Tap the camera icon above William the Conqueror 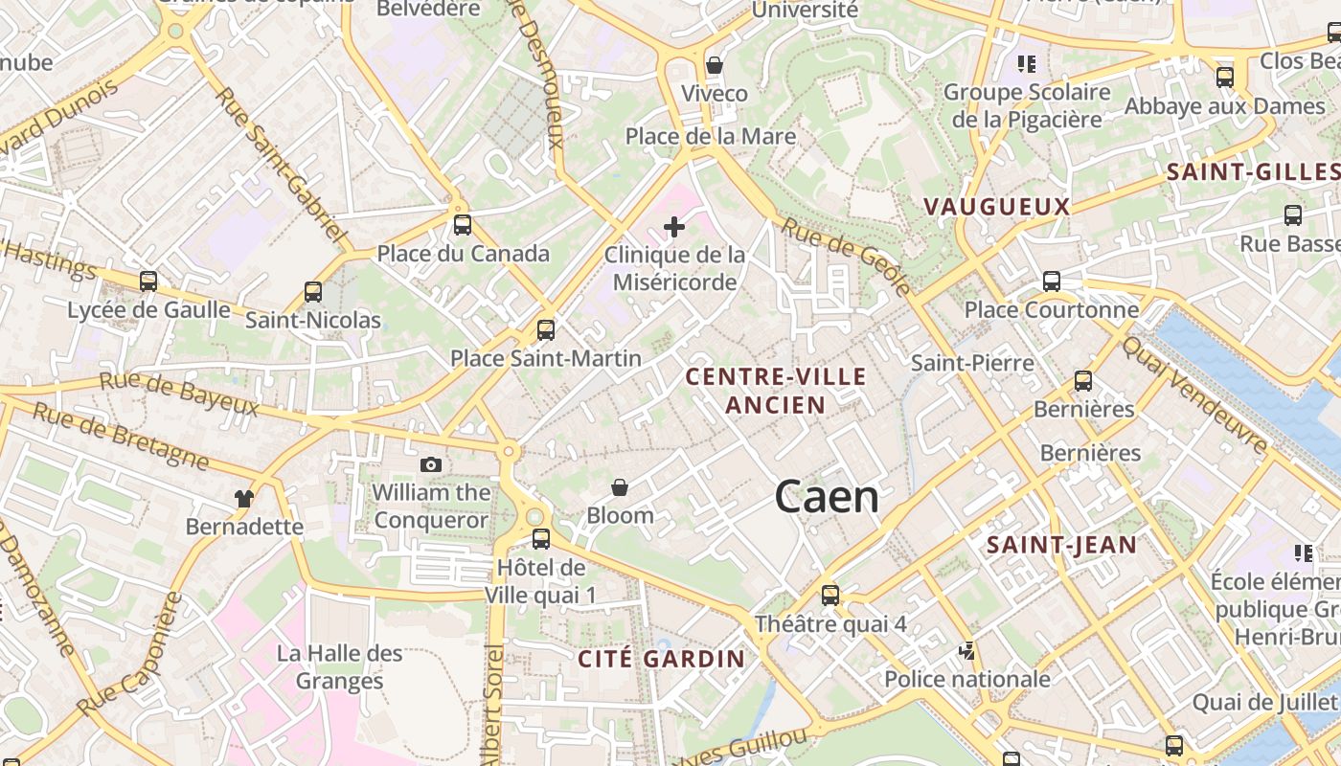(x=431, y=464)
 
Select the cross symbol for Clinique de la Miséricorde (x=674, y=227)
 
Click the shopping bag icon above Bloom (x=620, y=488)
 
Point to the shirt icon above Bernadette (x=245, y=498)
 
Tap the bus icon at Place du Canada (x=463, y=225)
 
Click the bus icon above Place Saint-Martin (x=546, y=330)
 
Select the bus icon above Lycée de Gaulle (x=148, y=282)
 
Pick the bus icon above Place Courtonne (x=1052, y=282)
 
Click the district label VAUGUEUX (x=996, y=206)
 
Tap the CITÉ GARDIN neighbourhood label (x=661, y=659)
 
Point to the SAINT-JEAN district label (x=1061, y=546)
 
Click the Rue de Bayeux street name (x=179, y=394)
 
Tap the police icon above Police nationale (x=967, y=651)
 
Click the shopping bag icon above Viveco (x=714, y=65)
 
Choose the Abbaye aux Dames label (x=1224, y=106)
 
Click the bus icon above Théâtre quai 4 (x=830, y=595)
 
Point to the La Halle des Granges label (x=340, y=667)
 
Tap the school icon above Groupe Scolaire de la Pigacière (x=1027, y=64)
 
